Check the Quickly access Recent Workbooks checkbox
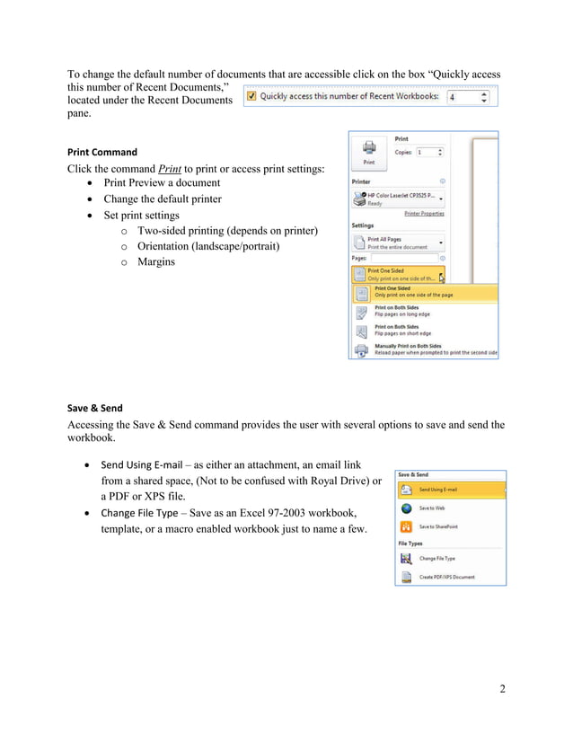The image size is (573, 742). click(x=252, y=96)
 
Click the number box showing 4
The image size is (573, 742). click(x=467, y=96)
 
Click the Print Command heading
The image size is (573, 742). click(x=102, y=152)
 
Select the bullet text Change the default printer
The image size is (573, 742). click(x=162, y=199)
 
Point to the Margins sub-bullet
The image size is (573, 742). click(x=156, y=262)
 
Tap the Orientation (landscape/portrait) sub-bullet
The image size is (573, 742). click(x=208, y=246)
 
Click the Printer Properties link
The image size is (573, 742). click(x=424, y=214)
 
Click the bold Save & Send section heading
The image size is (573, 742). click(x=95, y=408)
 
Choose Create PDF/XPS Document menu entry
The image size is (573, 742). click(x=445, y=577)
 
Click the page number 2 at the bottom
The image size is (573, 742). click(x=502, y=689)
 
